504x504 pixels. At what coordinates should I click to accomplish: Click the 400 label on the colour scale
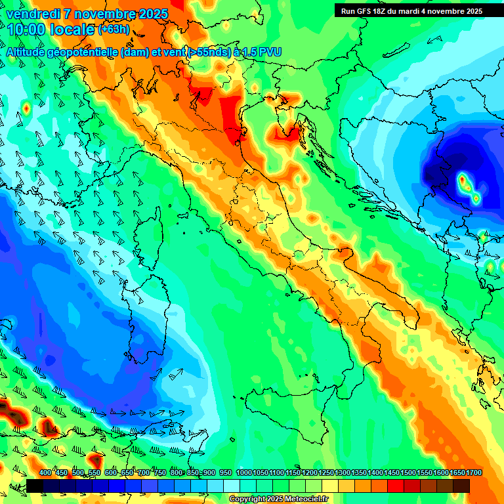pos(45,473)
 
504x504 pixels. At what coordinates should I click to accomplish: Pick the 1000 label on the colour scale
pos(244,473)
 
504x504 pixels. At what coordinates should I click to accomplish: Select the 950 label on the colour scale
pos(226,473)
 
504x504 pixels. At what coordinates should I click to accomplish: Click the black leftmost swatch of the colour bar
pos(35,486)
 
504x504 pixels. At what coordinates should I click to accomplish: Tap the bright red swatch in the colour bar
pos(396,486)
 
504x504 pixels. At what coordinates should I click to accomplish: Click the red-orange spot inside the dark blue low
pos(463,178)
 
